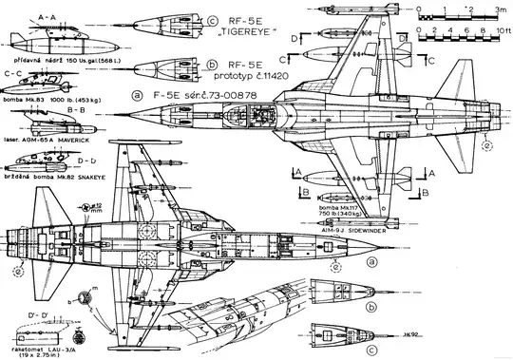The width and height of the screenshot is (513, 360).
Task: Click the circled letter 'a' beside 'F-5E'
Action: [140, 95]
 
